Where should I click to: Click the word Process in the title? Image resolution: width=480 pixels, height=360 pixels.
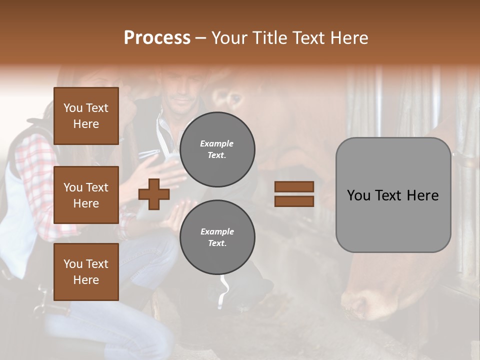pyautogui.click(x=157, y=38)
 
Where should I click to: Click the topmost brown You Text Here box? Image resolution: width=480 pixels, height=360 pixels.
pyautogui.click(x=86, y=116)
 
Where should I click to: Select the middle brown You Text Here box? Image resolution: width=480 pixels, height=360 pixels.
pyautogui.click(x=86, y=195)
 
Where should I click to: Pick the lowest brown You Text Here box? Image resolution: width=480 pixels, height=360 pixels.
pyautogui.click(x=86, y=271)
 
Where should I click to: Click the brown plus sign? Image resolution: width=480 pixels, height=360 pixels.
pyautogui.click(x=154, y=194)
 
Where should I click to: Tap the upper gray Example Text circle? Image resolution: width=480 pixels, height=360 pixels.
pyautogui.click(x=217, y=149)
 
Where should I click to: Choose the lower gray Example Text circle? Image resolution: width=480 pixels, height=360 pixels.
pyautogui.click(x=217, y=237)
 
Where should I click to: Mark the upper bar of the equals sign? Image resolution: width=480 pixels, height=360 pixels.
pyautogui.click(x=294, y=186)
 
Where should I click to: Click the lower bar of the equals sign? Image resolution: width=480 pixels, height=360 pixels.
pyautogui.click(x=294, y=201)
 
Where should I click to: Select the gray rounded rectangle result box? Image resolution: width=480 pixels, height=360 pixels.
pyautogui.click(x=393, y=195)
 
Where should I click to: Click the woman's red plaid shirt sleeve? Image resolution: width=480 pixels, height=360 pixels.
pyautogui.click(x=35, y=175)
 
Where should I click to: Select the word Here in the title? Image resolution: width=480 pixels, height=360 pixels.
pyautogui.click(x=349, y=38)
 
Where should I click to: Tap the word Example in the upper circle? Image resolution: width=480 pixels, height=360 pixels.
pyautogui.click(x=217, y=143)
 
